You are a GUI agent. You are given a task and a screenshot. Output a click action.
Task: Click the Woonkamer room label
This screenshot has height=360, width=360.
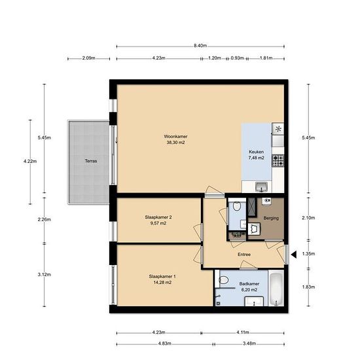tap(175, 136)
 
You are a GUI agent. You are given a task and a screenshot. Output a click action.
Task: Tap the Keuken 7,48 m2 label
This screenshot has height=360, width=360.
tap(256, 154)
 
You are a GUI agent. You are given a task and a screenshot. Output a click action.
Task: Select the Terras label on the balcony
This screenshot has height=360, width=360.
tap(91, 161)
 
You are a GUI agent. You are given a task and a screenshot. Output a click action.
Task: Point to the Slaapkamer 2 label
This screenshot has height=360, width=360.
tap(158, 217)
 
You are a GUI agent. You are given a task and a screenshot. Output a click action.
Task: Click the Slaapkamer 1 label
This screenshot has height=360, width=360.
tap(162, 276)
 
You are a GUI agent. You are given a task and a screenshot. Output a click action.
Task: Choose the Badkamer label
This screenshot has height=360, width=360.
tap(249, 284)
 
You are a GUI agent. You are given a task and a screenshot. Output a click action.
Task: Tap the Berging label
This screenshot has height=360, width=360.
tap(271, 218)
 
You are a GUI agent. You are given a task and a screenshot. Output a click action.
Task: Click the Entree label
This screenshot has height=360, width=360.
tap(244, 255)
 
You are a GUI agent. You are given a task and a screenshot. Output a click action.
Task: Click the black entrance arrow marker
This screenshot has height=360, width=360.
tap(294, 255)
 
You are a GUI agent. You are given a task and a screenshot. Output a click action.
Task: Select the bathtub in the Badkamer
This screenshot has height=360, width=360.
tap(276, 289)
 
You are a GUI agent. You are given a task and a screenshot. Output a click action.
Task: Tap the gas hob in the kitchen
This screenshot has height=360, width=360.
tap(278, 160)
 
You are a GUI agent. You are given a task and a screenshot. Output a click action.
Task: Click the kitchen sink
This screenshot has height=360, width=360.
tap(262, 187)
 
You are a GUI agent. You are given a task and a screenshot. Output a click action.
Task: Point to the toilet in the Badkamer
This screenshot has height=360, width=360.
tap(223, 280)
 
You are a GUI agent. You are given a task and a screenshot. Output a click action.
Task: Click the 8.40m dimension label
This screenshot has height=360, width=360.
tap(200, 46)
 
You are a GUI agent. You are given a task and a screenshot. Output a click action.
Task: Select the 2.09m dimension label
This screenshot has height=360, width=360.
tap(89, 58)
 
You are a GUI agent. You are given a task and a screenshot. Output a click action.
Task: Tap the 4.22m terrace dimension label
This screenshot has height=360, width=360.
tap(30, 161)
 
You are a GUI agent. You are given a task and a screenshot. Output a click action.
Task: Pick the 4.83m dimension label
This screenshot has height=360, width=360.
tap(164, 344)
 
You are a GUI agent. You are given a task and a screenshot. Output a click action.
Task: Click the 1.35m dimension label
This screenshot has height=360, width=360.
tap(308, 254)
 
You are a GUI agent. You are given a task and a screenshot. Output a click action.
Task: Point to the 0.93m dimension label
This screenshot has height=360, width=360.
tap(237, 58)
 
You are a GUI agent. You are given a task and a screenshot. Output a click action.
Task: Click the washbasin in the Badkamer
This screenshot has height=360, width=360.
tap(254, 302)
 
